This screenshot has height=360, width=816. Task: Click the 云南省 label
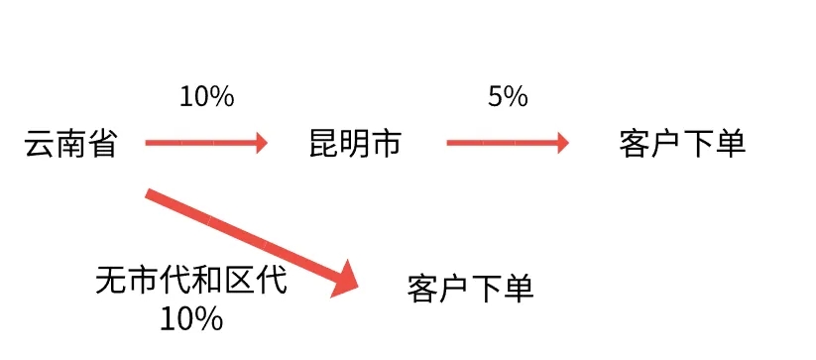[x=70, y=145]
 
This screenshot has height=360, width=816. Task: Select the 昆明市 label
[x=355, y=145]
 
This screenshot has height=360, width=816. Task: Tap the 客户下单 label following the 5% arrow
[x=681, y=145]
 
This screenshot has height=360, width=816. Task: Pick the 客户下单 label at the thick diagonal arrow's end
[x=470, y=289]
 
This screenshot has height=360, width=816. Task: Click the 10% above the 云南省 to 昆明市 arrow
[x=206, y=97]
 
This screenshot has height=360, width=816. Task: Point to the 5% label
[x=507, y=97]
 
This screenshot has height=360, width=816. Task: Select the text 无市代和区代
[x=191, y=281]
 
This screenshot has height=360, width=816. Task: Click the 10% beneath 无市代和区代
[x=191, y=318]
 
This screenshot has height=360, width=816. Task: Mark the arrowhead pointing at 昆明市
[x=262, y=144]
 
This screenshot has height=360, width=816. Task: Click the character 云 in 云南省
[x=40, y=145]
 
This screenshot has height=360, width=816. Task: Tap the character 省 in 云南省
[x=102, y=145]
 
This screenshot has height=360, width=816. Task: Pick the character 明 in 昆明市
[x=355, y=145]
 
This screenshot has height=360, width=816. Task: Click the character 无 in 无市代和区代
[x=112, y=281]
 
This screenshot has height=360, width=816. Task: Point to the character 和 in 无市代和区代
[x=207, y=281]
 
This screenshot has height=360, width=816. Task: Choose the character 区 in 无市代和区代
[x=239, y=281]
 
